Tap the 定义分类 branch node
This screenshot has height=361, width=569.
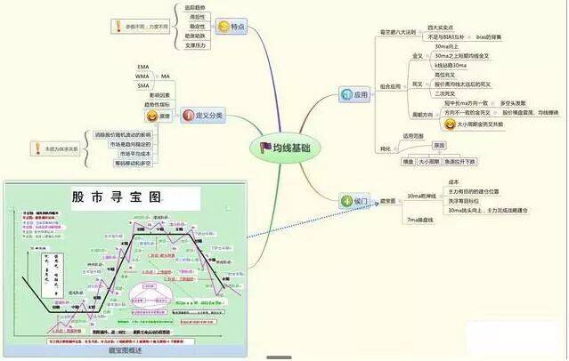pyautogui.click(x=202, y=115)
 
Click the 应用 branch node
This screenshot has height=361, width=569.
pyautogui.click(x=353, y=94)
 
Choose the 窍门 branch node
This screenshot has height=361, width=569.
pyautogui.click(x=354, y=202)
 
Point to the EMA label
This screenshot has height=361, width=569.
pyautogui.click(x=143, y=67)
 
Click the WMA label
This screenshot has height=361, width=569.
pyautogui.click(x=142, y=76)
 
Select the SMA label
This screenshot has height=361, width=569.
pyautogui.click(x=142, y=86)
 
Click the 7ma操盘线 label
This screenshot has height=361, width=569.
pyautogui.click(x=419, y=219)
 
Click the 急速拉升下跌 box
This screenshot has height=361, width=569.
pyautogui.click(x=457, y=161)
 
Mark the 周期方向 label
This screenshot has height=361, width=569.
pyautogui.click(x=423, y=115)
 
